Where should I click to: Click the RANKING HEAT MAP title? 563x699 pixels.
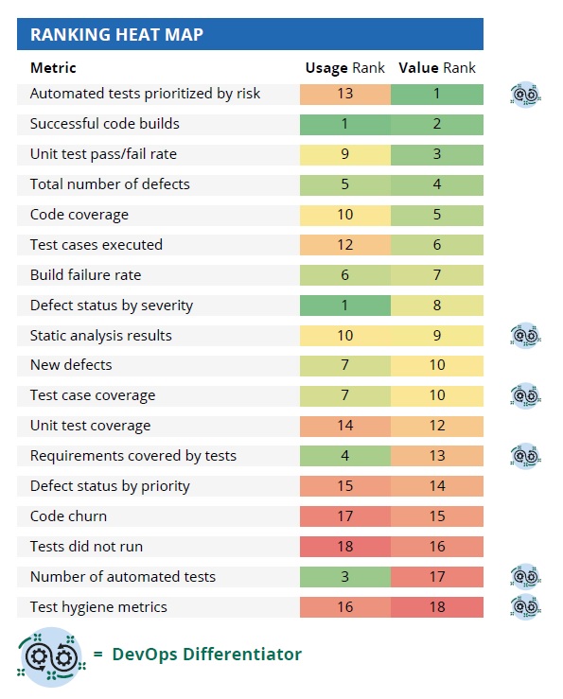coord(116,34)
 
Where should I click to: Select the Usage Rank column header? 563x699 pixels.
coord(344,68)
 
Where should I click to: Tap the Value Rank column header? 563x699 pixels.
coord(437,68)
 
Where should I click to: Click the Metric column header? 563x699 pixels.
coord(53,68)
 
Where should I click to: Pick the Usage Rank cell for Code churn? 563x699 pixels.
coord(345,516)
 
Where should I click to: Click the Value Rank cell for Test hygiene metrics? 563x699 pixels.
coord(437,606)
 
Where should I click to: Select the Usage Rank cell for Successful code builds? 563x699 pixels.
coord(345,124)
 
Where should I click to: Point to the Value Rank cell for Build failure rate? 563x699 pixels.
coord(437,275)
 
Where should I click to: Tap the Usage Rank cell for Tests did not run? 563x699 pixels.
coord(345,547)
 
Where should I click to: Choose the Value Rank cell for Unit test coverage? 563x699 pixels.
coord(437,426)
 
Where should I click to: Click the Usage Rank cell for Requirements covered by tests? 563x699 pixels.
coord(345,456)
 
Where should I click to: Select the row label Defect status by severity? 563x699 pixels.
coord(112,306)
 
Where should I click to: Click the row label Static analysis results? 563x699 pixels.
coord(101,335)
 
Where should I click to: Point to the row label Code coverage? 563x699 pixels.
coord(79,215)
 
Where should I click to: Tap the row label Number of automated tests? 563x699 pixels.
coord(123,577)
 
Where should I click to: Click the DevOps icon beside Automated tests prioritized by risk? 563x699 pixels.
coord(525,95)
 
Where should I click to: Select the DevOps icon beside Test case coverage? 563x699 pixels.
coord(525,396)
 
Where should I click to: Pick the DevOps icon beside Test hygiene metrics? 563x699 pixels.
coord(525,606)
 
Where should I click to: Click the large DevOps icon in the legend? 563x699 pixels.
coord(52,657)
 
